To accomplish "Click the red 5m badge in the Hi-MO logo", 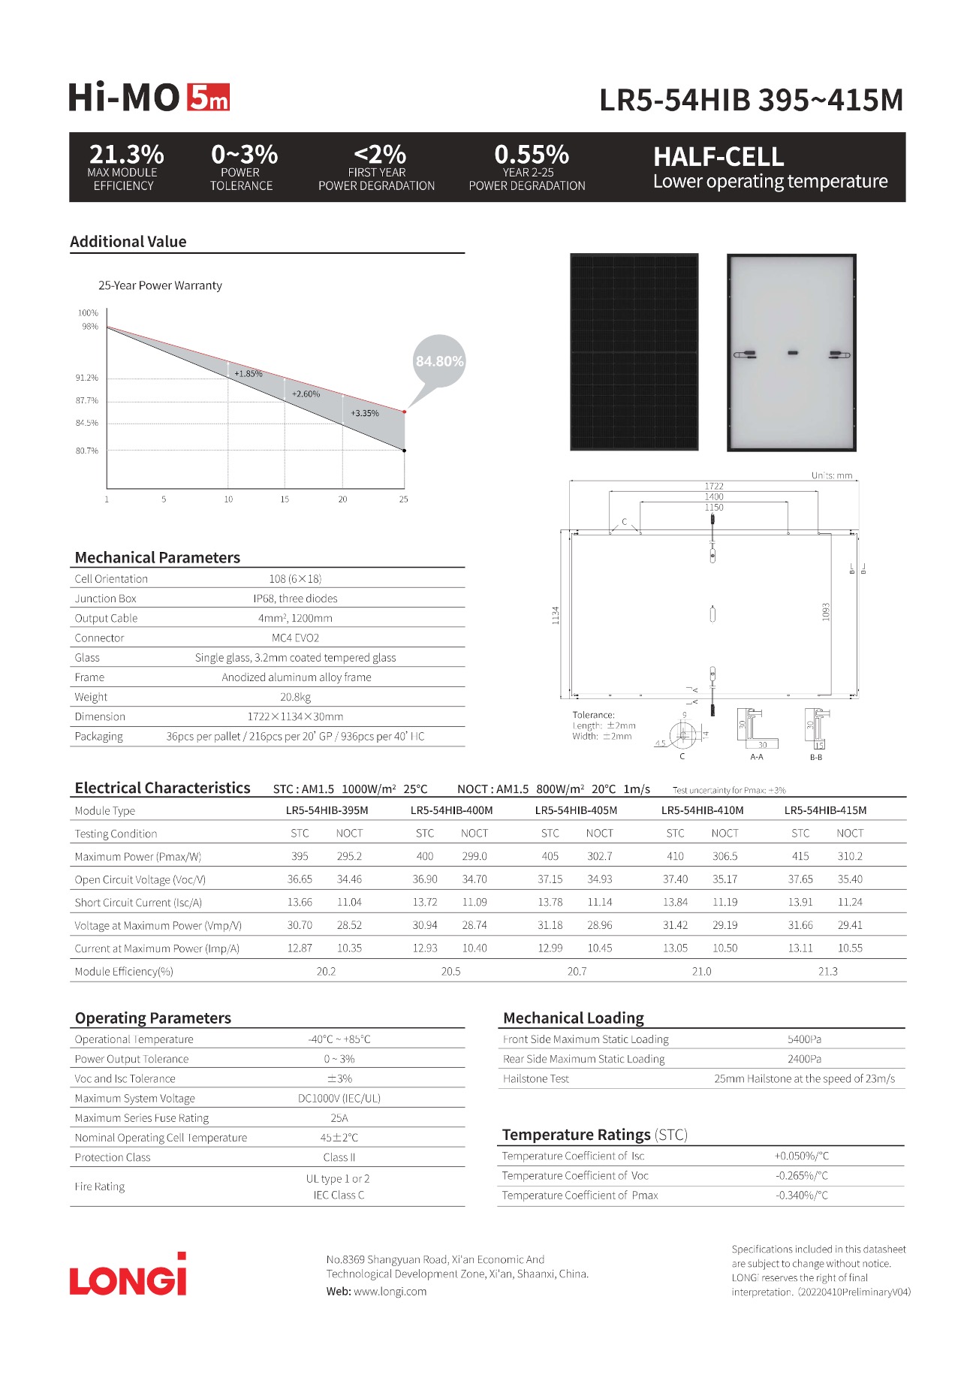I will (x=208, y=98).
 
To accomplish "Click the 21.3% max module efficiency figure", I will (x=126, y=155).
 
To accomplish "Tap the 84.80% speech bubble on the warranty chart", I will (x=439, y=361).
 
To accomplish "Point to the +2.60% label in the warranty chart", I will (x=306, y=394).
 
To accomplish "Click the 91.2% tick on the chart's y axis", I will (x=87, y=378).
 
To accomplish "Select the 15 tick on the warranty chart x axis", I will (x=285, y=499).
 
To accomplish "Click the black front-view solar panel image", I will (x=634, y=352).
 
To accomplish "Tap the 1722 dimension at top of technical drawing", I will (x=713, y=486).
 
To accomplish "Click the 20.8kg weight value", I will (x=295, y=697).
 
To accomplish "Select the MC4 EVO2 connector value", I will (x=295, y=638).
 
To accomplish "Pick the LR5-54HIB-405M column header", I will (x=576, y=810).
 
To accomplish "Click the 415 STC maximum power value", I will (x=800, y=856).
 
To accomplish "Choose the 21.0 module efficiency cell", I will (x=701, y=971).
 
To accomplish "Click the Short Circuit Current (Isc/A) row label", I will (x=138, y=903).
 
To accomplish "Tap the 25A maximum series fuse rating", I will (x=339, y=1118).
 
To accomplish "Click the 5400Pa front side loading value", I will (x=804, y=1039).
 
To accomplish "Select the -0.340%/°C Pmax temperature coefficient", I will (x=802, y=1196).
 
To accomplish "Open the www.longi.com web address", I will (x=390, y=1292).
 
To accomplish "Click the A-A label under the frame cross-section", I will (x=757, y=757).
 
